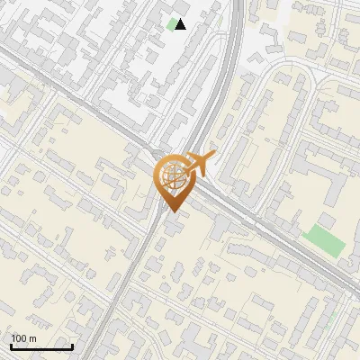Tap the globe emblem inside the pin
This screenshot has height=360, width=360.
(x=172, y=175)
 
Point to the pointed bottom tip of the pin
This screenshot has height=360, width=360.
(x=172, y=211)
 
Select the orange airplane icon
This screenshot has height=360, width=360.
(x=200, y=163)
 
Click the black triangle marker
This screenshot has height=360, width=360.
(x=181, y=24)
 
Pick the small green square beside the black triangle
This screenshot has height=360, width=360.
(x=171, y=24)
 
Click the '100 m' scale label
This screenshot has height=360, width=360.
(x=23, y=338)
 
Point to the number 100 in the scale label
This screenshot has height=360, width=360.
(x=19, y=338)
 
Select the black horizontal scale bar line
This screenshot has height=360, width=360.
(x=41, y=346)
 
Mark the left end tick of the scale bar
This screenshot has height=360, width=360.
(x=11, y=345)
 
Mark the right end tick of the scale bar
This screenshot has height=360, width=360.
(x=72, y=345)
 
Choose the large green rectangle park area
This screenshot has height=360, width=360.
(x=324, y=241)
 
